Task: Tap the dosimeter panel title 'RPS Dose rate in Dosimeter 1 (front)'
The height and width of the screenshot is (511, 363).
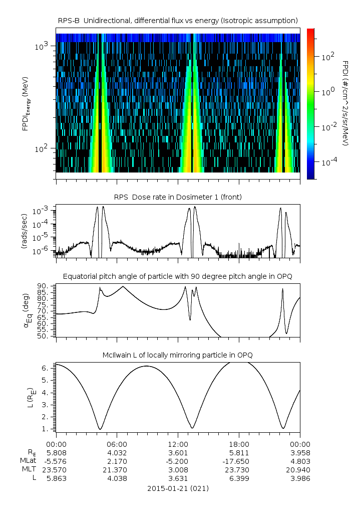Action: pyautogui.click(x=178, y=197)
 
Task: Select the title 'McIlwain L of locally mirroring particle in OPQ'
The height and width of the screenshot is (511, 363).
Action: pyautogui.click(x=178, y=355)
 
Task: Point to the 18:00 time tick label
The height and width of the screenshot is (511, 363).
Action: pyautogui.click(x=239, y=444)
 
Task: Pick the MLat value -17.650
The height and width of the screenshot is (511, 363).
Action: pyautogui.click(x=239, y=461)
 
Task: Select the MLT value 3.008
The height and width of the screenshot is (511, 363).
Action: pyautogui.click(x=178, y=469)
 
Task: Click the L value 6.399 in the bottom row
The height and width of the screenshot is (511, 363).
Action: pyautogui.click(x=239, y=478)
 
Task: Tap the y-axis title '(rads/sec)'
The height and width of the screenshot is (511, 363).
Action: pyautogui.click(x=24, y=231)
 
